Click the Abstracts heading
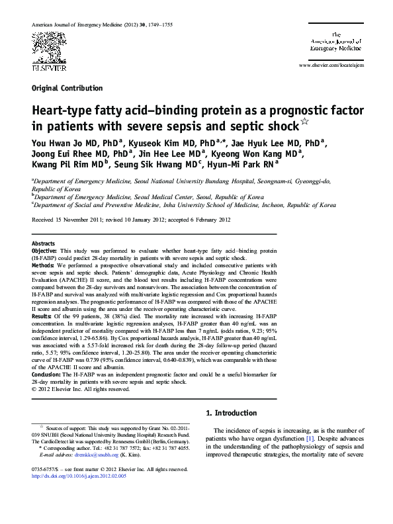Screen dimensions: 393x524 [x=43, y=243]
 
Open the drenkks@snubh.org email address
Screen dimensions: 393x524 [x=94, y=455]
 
